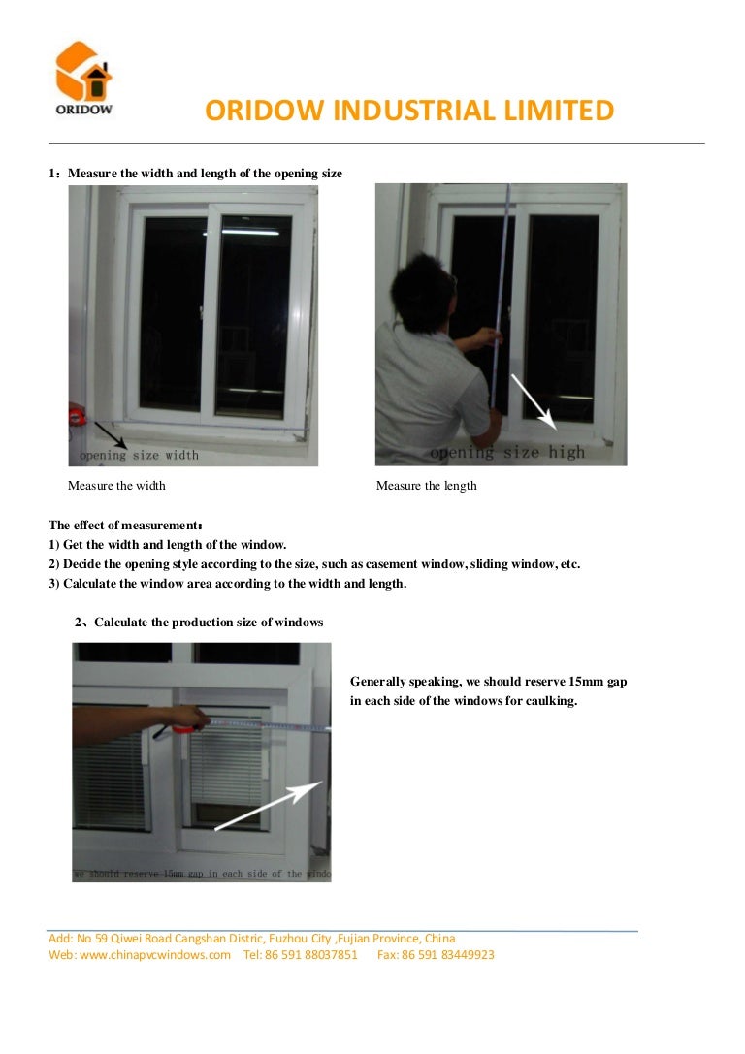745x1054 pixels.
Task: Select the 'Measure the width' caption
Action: point(116,486)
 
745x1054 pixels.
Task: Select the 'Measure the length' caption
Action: point(426,486)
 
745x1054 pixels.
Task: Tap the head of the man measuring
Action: point(422,286)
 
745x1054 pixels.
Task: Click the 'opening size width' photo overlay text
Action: point(139,455)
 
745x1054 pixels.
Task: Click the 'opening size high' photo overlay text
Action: point(507,453)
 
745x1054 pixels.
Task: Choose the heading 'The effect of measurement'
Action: point(125,526)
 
